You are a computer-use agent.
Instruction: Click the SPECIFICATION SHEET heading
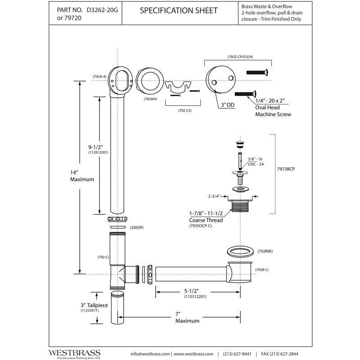tap(179, 10)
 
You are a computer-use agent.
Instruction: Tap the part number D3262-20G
tap(102, 10)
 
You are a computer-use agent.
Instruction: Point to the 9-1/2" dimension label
tap(96, 147)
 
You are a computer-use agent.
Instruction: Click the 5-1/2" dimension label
tap(192, 291)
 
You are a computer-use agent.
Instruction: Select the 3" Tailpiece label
tap(94, 306)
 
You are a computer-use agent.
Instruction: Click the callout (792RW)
tap(265, 251)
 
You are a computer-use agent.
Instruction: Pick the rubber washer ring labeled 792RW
tap(240, 252)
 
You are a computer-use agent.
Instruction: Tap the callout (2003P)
tap(137, 228)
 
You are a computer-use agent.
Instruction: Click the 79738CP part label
tap(286, 169)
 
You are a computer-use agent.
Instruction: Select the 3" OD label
tap(228, 105)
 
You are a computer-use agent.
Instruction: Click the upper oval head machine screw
tap(257, 72)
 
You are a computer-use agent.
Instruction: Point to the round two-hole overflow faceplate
tap(220, 80)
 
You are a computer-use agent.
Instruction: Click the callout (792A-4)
tap(99, 76)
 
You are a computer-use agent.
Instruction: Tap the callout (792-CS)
tap(184, 110)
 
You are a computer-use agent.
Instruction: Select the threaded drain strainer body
tap(240, 205)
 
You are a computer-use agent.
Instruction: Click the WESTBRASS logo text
tap(74, 353)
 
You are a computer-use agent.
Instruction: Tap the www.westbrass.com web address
tap(193, 354)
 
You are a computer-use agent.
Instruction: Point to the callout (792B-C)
tap(262, 270)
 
